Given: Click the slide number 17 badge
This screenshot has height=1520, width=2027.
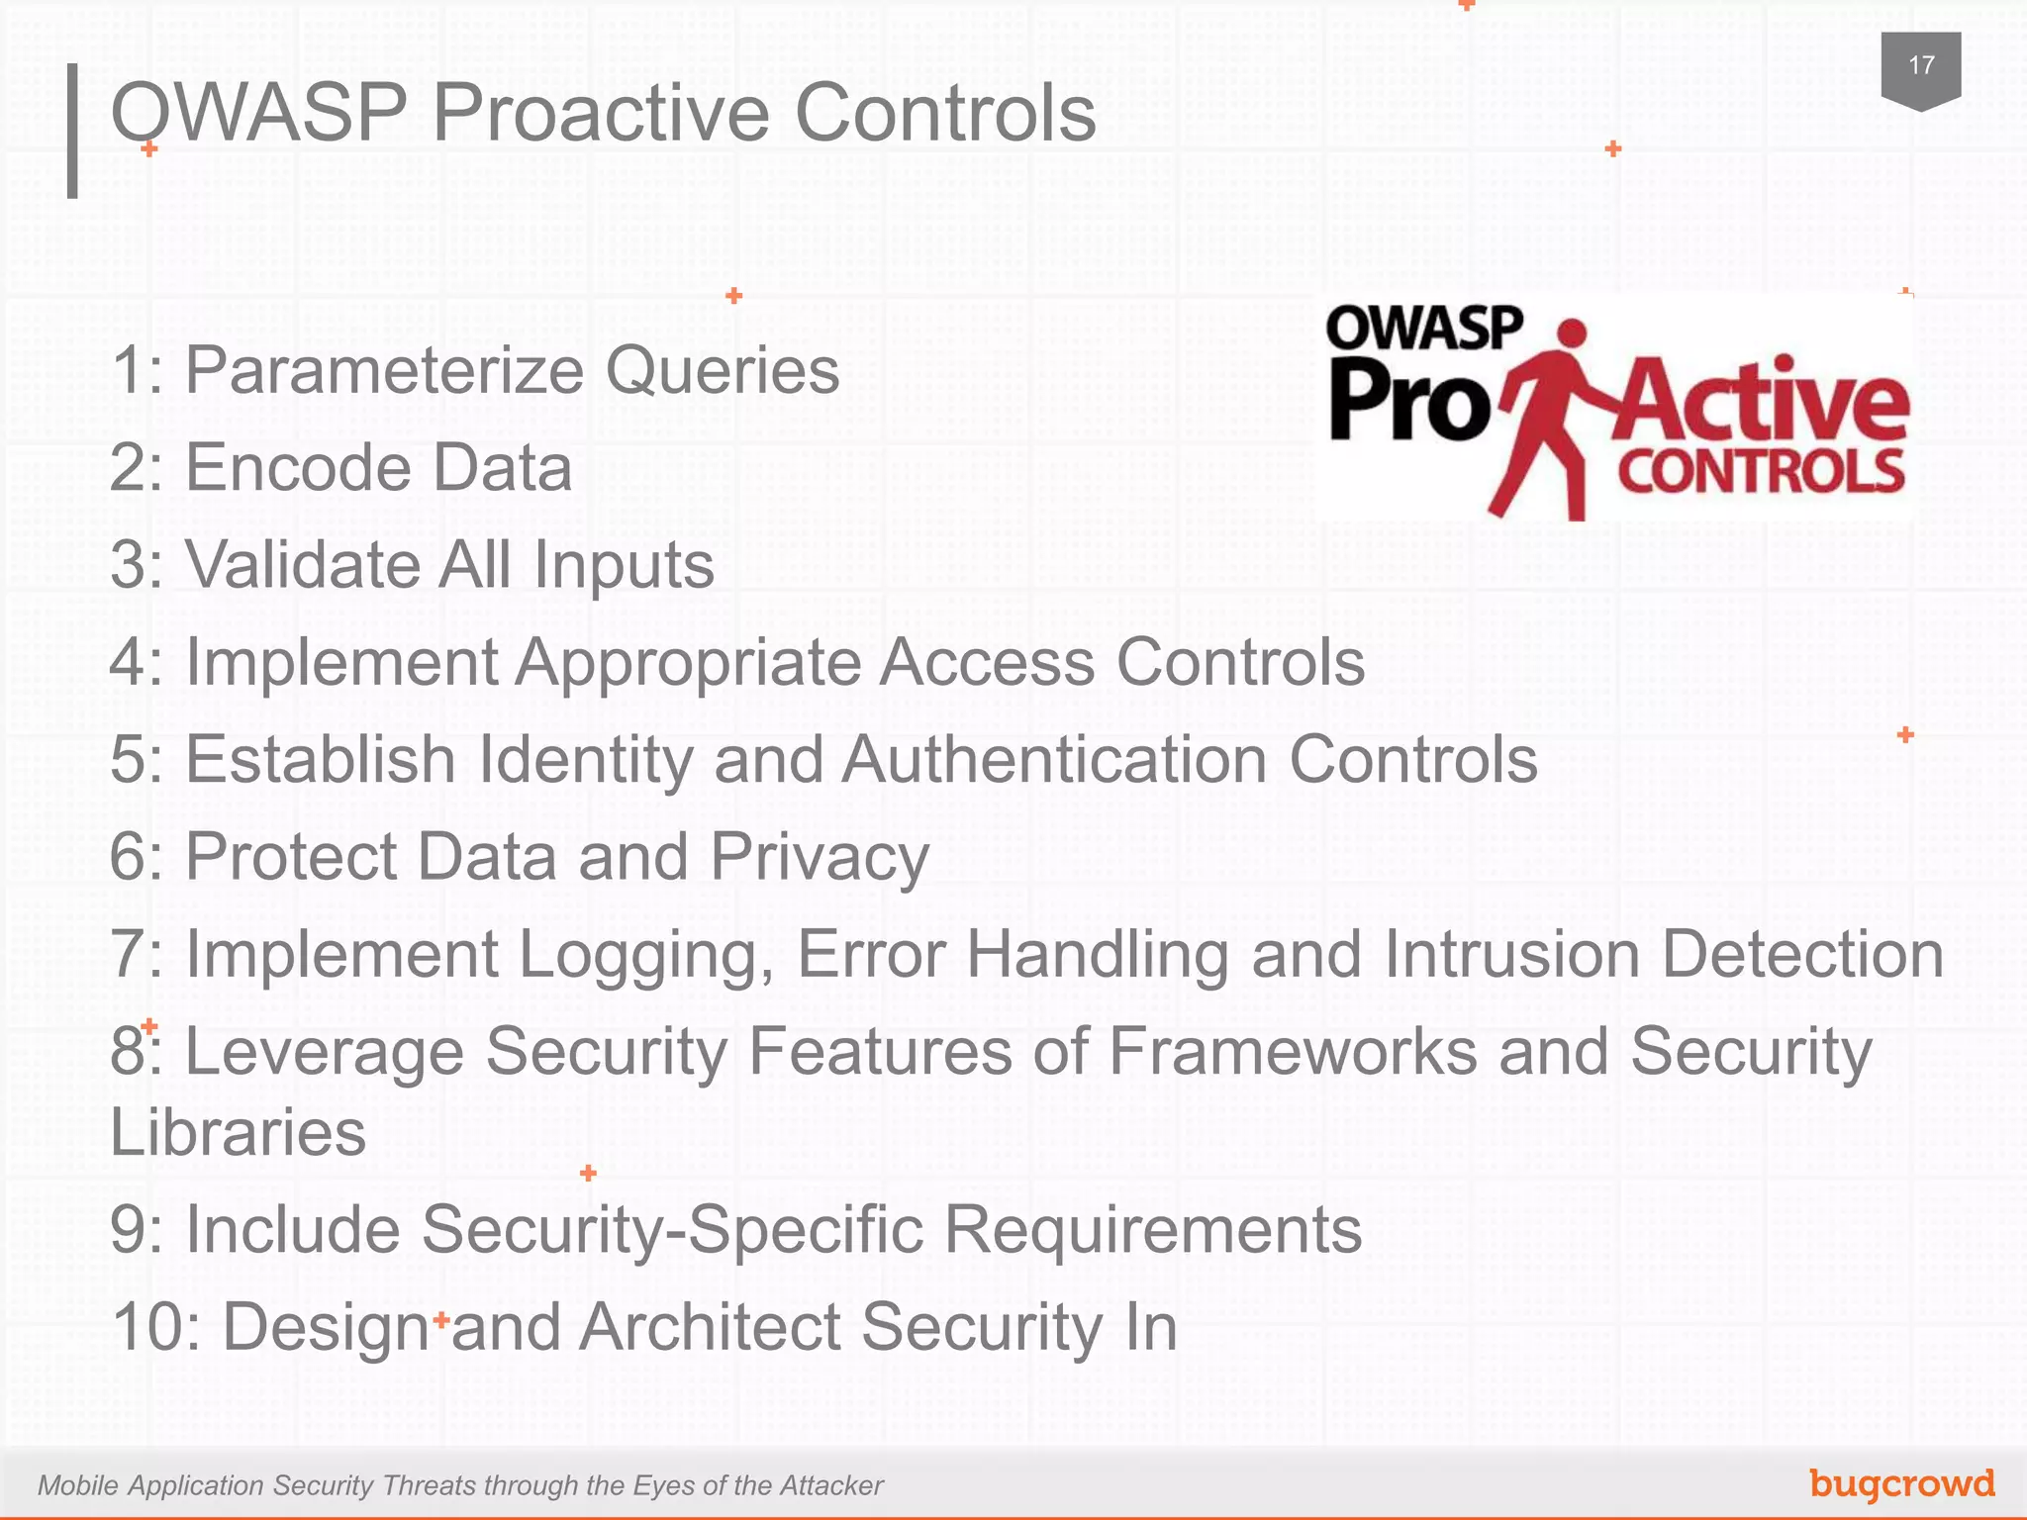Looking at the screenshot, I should pos(1920,67).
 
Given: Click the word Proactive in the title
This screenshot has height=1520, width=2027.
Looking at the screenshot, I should pos(601,113).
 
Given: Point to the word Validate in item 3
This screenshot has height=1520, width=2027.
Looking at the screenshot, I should pos(301,565).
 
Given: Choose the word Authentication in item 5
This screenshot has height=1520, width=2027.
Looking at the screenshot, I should pos(1054,760).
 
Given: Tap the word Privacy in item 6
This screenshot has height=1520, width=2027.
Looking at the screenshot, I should pos(820,857).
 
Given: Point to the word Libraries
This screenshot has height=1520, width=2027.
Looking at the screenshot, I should pos(238,1132).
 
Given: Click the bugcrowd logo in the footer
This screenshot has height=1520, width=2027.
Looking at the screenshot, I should pos(1901,1483).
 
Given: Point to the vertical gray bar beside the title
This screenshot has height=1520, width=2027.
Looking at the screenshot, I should pos(72,131).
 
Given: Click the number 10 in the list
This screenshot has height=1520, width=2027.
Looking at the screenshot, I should pos(147,1327).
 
